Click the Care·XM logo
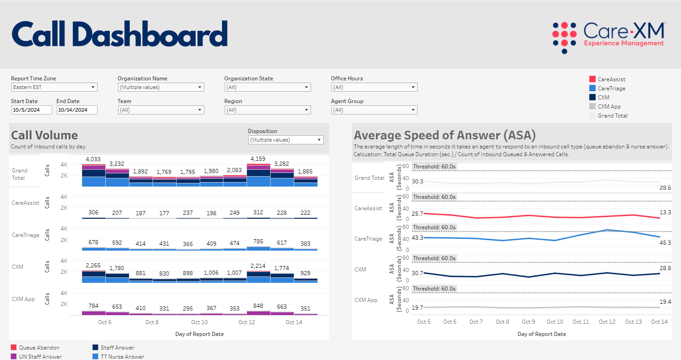coord(608,37)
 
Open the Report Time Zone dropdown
coord(54,87)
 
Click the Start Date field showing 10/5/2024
coord(31,110)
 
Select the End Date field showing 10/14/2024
coord(77,110)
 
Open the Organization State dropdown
coord(267,87)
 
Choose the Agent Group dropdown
coord(374,110)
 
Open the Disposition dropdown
coord(286,140)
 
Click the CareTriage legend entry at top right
coord(611,89)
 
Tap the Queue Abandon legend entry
coord(39,348)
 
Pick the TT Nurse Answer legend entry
coord(122,357)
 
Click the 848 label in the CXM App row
coord(258,306)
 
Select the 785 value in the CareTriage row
coord(258,242)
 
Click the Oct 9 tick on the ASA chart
coord(528,322)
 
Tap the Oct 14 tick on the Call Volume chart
coord(294,322)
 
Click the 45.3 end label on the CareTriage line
coord(665,243)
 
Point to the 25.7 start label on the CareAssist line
coord(417,213)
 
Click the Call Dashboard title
coord(119,34)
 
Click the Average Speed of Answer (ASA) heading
coord(444,135)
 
